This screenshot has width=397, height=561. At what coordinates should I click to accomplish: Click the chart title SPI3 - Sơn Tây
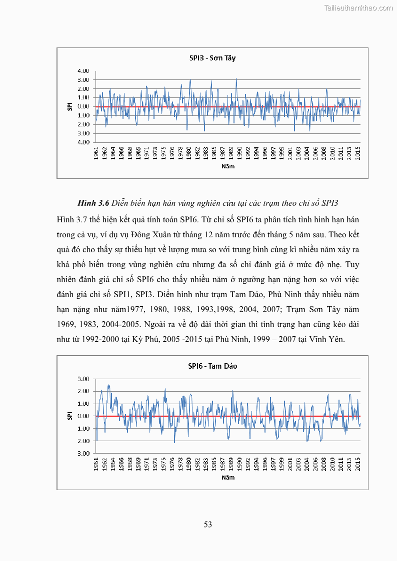point(212,58)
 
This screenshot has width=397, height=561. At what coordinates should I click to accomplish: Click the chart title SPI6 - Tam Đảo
point(212,366)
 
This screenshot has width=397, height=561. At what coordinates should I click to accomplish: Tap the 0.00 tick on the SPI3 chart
point(83,106)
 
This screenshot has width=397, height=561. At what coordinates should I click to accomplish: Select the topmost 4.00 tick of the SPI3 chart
point(83,71)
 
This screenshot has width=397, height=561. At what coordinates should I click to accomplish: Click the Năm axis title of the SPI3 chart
point(227,167)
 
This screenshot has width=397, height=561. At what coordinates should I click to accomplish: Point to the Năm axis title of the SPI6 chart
point(227,477)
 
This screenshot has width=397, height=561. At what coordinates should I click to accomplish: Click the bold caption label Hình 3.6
point(93,203)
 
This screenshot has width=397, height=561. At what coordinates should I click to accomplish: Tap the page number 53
point(208,524)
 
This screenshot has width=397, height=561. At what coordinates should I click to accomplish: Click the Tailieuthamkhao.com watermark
point(358,7)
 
